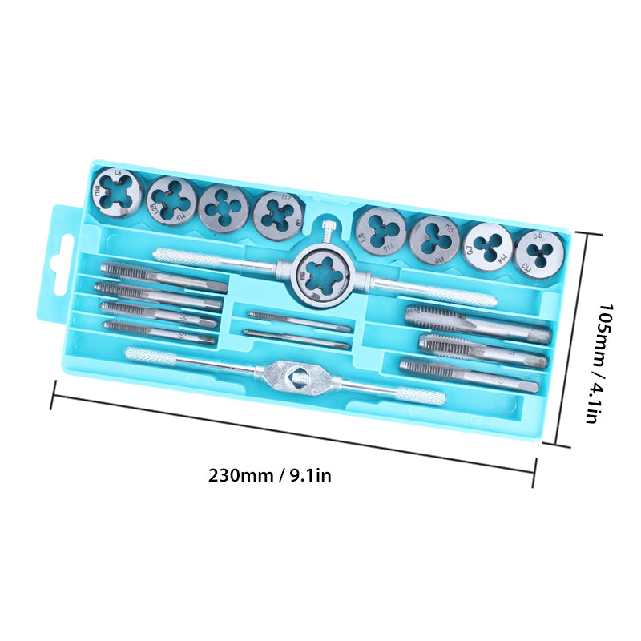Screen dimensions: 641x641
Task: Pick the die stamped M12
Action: coord(117,192)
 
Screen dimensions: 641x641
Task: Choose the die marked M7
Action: coord(278,213)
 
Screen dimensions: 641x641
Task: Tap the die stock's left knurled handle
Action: coord(192,257)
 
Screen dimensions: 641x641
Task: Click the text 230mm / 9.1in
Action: coord(270,474)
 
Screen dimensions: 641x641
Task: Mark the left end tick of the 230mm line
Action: coord(54,395)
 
